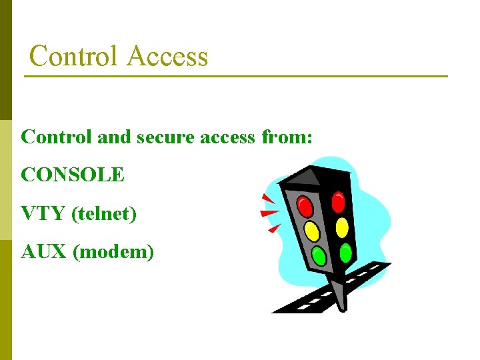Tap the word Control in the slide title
coord(74,56)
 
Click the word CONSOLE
coord(73,175)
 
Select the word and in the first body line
coord(113,137)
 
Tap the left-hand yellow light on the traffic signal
coord(311,231)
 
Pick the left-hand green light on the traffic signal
coord(319,256)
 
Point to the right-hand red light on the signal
coord(338,201)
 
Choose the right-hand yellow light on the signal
coord(342,227)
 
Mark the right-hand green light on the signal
coord(345,253)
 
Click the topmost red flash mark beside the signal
coord(268,198)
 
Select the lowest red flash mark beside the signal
coord(273,229)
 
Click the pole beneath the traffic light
coord(341,293)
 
